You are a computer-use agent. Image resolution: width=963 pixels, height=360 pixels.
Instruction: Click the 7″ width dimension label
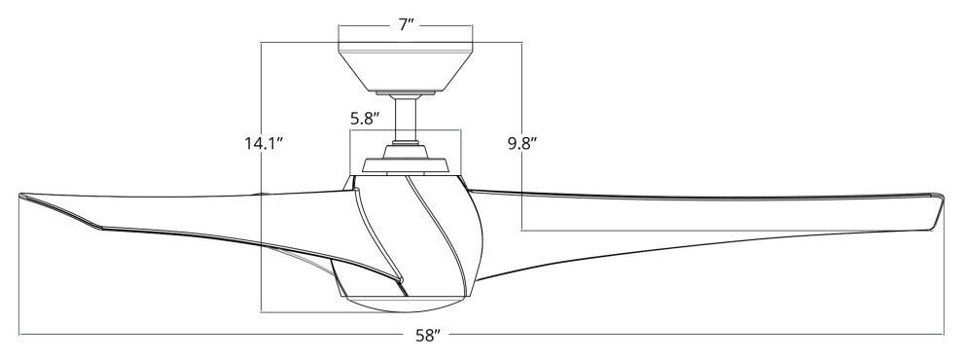[x=406, y=25]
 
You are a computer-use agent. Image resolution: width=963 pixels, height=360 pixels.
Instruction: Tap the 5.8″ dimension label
[x=365, y=119]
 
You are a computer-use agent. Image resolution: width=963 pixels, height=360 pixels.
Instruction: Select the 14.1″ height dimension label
[x=264, y=144]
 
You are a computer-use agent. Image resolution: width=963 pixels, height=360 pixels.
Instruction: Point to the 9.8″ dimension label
[x=522, y=144]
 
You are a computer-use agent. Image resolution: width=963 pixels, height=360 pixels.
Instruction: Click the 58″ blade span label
[x=429, y=336]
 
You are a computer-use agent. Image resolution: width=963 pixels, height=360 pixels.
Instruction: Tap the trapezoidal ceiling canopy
[x=406, y=67]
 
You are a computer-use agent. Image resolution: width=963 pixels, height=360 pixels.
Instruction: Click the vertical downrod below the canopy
[x=406, y=120]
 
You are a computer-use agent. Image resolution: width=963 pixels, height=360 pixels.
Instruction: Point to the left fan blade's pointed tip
[x=20, y=196]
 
